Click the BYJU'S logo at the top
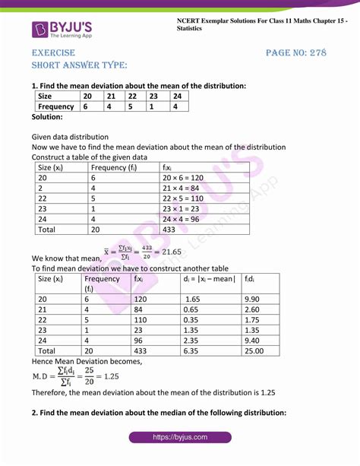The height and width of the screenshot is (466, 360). point(65,30)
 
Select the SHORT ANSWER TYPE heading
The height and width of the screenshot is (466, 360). point(79,66)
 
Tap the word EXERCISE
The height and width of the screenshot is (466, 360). point(53,52)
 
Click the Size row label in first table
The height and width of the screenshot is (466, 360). point(45,97)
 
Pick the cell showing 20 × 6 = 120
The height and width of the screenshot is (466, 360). point(183,177)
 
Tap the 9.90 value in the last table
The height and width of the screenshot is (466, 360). point(254,300)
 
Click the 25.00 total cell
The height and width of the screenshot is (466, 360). point(254,352)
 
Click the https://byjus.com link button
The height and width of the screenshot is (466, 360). point(180,438)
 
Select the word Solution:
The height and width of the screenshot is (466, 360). point(47,117)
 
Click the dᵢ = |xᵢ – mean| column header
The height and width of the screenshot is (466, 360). point(209,278)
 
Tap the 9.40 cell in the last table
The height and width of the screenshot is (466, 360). point(254,341)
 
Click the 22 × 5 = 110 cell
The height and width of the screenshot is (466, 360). point(183,198)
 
